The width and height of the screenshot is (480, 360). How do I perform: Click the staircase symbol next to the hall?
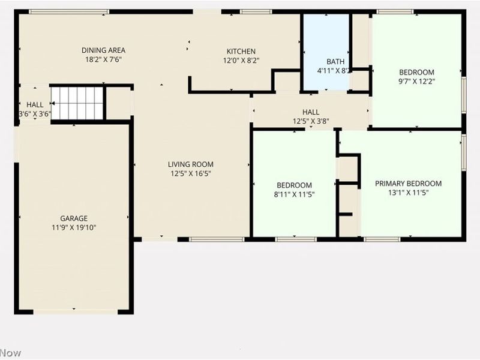(x=77, y=103)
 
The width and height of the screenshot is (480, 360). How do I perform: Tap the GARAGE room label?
(x=74, y=218)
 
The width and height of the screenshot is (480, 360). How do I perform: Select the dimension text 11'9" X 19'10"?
(x=74, y=227)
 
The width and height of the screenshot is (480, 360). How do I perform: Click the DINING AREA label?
(x=104, y=50)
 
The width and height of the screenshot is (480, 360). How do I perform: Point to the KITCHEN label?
(x=241, y=52)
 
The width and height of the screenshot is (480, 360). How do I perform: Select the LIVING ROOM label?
(x=190, y=164)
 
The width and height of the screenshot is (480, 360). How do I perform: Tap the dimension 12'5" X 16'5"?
(x=190, y=173)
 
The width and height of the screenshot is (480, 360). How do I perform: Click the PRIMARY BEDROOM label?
(x=408, y=184)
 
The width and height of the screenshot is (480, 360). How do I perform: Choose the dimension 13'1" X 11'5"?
(x=408, y=193)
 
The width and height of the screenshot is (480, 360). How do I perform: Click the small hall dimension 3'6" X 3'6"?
(x=34, y=113)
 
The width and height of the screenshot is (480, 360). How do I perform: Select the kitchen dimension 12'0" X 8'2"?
(x=241, y=61)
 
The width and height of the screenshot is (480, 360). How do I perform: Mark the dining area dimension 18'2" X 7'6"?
(x=104, y=59)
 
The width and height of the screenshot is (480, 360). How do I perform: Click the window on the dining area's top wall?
(x=69, y=11)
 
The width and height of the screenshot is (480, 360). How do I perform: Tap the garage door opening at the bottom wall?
(x=75, y=311)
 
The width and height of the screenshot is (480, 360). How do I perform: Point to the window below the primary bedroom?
(x=382, y=239)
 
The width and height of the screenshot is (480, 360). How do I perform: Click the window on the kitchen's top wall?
(x=256, y=11)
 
